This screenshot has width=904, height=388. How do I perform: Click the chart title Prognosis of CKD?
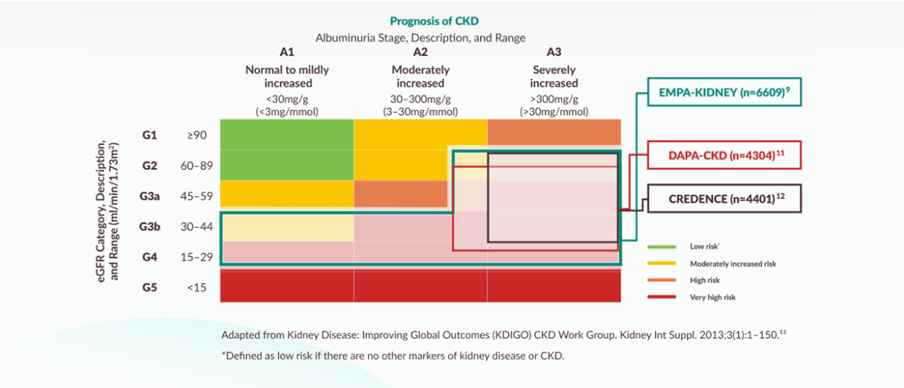coord(434,21)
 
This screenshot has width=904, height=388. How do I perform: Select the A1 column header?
coord(287,52)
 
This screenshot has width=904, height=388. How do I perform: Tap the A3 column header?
coord(554,52)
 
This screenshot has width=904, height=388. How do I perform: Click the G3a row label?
coord(150,196)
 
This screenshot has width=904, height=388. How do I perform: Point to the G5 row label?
coord(150,288)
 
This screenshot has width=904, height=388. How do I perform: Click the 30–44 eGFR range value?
coord(196,227)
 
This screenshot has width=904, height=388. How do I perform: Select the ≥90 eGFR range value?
coord(197,135)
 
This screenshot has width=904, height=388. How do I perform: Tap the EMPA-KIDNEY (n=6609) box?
coord(724,92)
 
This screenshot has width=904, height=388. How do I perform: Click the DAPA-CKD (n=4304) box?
coord(724,155)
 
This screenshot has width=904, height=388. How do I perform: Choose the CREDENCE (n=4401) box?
coord(724,199)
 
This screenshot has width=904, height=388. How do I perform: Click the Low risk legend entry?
coord(704,246)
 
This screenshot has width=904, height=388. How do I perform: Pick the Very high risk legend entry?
coord(713,297)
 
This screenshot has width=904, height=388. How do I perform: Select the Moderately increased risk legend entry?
coord(732,264)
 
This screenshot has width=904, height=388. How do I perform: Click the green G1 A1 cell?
coord(287,134)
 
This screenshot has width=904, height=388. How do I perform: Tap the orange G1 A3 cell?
coord(554,132)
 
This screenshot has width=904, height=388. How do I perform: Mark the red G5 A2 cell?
coord(420,286)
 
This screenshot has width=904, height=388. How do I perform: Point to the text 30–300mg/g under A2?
coord(420,99)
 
